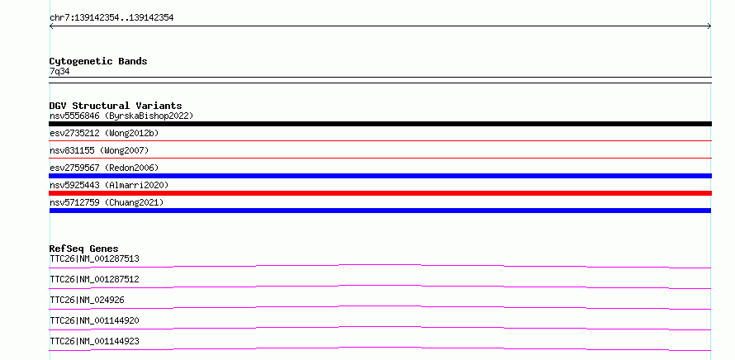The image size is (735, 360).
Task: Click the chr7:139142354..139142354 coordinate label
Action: (x=111, y=18)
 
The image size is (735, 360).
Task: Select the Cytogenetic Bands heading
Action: (x=98, y=61)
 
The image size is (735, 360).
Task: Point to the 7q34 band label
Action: (x=59, y=71)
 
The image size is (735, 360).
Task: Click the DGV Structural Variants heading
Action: (x=116, y=106)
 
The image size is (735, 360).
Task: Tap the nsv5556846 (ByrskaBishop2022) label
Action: (x=121, y=116)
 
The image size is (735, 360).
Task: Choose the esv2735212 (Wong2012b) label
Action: (x=104, y=133)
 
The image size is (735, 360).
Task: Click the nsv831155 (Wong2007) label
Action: (x=99, y=150)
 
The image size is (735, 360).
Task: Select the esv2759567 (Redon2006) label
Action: (x=104, y=168)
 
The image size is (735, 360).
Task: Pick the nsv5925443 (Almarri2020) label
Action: (x=109, y=185)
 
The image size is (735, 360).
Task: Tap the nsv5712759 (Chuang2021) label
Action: (x=107, y=202)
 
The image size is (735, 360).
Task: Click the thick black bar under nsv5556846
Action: (x=380, y=124)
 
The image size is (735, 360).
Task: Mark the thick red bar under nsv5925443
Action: (x=380, y=193)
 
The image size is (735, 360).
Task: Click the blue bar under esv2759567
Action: (x=380, y=176)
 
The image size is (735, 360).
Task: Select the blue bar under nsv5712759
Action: (x=380, y=211)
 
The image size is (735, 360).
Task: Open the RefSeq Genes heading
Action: (x=84, y=249)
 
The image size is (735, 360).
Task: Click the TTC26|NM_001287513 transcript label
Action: (x=94, y=258)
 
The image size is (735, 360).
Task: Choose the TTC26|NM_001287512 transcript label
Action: (x=94, y=279)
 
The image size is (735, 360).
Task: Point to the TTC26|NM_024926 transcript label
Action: (x=87, y=300)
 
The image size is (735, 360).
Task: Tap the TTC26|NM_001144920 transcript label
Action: (x=94, y=320)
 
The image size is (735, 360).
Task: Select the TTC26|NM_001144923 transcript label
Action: (x=94, y=341)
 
